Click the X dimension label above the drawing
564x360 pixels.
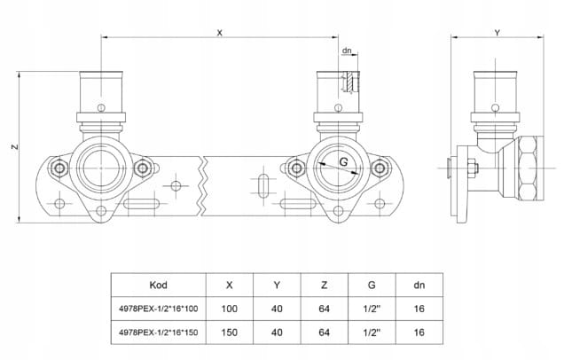click(219, 32)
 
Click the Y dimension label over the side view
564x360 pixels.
click(497, 32)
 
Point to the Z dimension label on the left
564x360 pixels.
click(16, 148)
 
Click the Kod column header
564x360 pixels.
click(158, 286)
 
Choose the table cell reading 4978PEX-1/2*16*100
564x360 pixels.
click(158, 309)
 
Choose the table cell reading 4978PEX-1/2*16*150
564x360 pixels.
click(158, 332)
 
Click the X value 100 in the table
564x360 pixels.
click(231, 309)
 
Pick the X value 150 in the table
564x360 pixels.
click(231, 332)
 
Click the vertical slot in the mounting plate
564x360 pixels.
click(264, 189)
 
